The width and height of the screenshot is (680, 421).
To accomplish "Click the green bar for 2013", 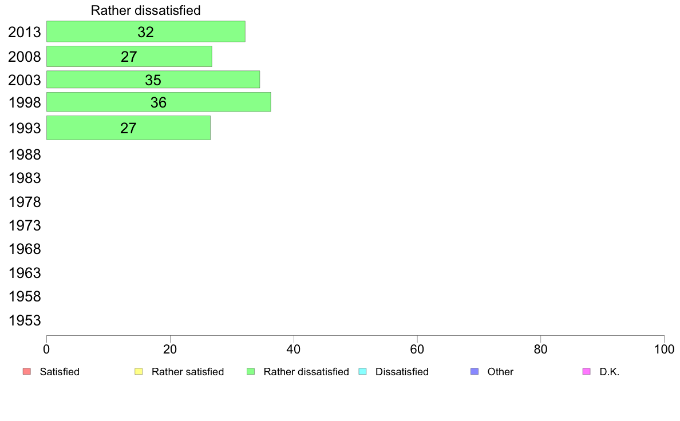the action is coord(146,31).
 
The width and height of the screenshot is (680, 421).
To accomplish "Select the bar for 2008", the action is coord(129,57).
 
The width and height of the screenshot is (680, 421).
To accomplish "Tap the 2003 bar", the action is coord(153,80).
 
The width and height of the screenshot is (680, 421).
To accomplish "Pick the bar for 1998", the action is coord(159,102).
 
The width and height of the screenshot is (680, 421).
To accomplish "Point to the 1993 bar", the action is coord(128,128).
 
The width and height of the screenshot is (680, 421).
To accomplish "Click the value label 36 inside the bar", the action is coord(159,102).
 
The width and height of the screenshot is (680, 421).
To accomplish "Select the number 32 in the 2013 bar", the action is coord(146,32).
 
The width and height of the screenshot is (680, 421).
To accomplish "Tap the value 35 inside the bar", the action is coord(153,80).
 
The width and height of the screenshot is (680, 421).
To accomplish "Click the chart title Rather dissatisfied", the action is coord(146,10).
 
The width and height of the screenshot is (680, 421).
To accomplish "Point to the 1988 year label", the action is coord(25,155).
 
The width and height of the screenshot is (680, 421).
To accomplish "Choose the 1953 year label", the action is coord(25,321).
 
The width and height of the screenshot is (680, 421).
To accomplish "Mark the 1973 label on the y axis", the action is coord(25,226).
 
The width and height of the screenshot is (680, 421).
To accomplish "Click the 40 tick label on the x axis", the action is coord(294,349).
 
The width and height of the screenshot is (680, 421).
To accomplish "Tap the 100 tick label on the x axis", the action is coord(664,349).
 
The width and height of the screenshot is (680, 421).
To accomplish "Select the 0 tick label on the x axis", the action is coord(46,349).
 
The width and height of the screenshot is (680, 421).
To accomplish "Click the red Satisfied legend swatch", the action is coord(27,372).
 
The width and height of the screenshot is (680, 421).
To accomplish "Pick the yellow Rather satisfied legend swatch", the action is coord(139,372).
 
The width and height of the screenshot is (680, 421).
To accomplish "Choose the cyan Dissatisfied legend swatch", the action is coord(362,372).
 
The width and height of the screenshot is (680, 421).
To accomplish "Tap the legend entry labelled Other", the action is coord(500,372).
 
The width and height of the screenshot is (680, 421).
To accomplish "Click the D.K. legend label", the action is coord(610,372).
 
